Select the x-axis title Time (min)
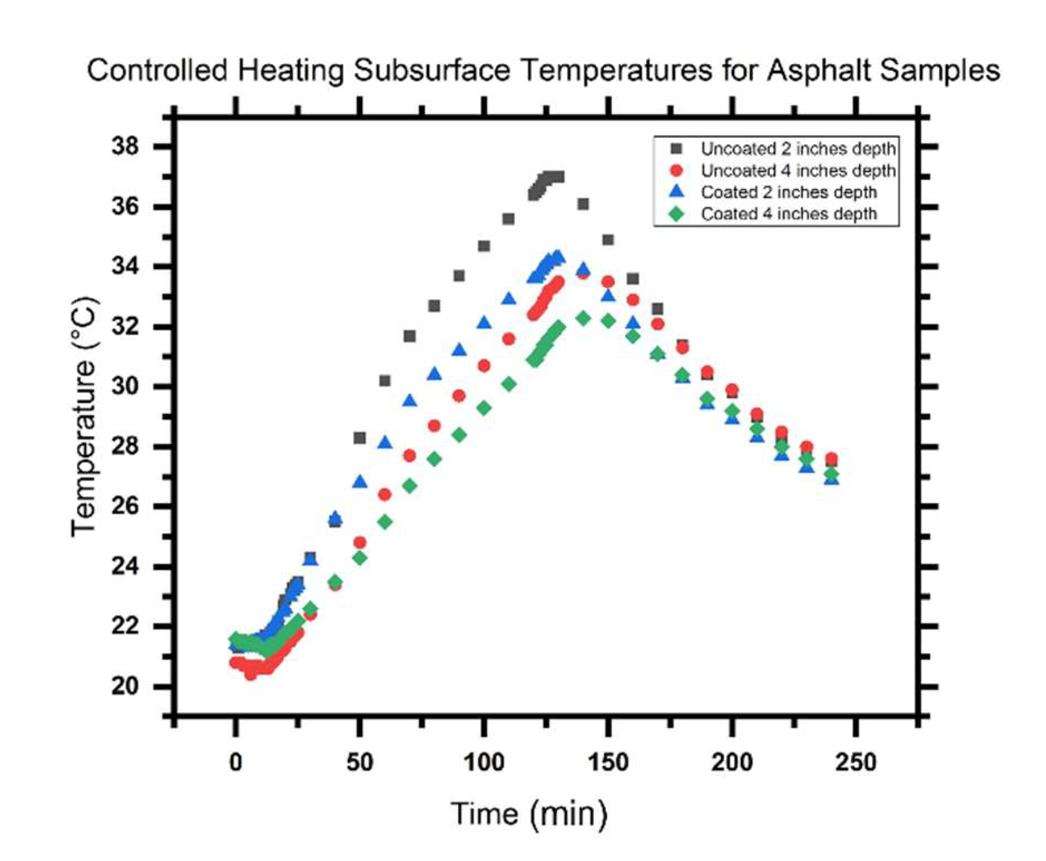[x=529, y=814]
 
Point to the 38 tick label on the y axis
[x=125, y=147]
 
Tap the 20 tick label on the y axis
[x=125, y=686]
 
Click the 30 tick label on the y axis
[x=125, y=387]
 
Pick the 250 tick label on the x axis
[x=856, y=762]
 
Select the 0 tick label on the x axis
[x=235, y=762]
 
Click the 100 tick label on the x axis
[x=483, y=762]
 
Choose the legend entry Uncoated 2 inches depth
[x=798, y=149]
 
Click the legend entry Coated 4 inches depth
[x=788, y=214]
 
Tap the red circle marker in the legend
[x=676, y=170]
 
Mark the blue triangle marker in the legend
[x=676, y=192]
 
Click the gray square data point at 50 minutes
[x=360, y=438]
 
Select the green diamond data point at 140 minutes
[x=583, y=318]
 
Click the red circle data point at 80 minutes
[x=434, y=426]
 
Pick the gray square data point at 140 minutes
[x=583, y=204]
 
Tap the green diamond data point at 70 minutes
[x=410, y=486]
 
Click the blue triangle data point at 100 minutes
[x=484, y=323]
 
